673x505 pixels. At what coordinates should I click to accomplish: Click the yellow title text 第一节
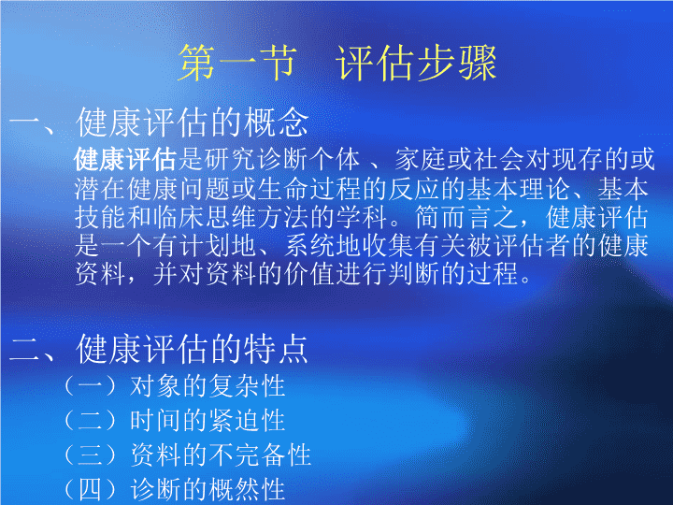tap(237, 64)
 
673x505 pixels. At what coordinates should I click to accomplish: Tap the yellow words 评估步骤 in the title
tap(416, 64)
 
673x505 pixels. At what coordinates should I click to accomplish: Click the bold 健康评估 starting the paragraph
tap(125, 159)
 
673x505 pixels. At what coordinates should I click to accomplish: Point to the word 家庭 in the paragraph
tap(420, 159)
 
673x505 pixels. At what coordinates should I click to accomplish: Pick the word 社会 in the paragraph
tap(499, 159)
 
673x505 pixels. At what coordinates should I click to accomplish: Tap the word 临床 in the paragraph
tap(179, 217)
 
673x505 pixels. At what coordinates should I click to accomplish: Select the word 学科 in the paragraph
tap(362, 217)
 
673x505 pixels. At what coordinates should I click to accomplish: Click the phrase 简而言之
tap(466, 217)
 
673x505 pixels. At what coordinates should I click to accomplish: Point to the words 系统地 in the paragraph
tap(322, 246)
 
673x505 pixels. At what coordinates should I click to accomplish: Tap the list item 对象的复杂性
tap(208, 385)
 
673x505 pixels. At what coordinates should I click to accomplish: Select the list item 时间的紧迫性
tap(208, 420)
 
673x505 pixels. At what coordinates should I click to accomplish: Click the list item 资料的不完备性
tap(221, 454)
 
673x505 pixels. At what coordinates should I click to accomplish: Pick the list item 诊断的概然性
tap(208, 489)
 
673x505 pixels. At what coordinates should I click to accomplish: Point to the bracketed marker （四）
tap(90, 489)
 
